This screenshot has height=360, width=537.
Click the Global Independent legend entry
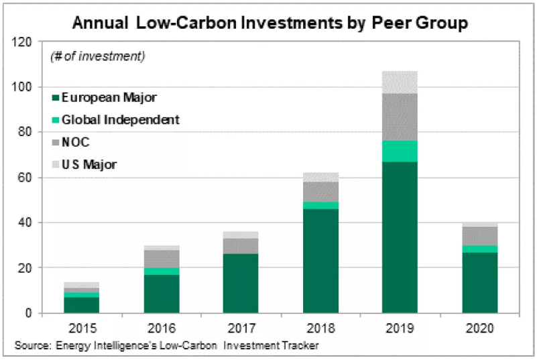pyautogui.click(x=120, y=120)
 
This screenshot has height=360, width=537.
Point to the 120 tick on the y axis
pyautogui.click(x=29, y=42)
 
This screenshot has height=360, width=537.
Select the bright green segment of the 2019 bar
pyautogui.click(x=400, y=151)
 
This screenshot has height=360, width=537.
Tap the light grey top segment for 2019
pyautogui.click(x=400, y=82)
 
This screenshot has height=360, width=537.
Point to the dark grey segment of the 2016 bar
pyautogui.click(x=160, y=259)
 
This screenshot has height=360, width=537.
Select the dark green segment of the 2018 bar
pyautogui.click(x=320, y=261)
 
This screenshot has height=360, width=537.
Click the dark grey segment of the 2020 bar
pyautogui.click(x=480, y=236)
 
